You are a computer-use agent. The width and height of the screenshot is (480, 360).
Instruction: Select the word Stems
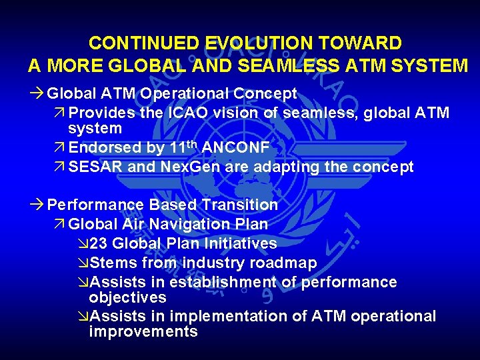(111, 263)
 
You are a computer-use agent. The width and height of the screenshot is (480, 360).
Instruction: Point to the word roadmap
(284, 263)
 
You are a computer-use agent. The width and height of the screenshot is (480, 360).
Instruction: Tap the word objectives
(127, 297)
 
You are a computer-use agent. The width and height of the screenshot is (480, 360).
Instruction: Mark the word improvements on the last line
(143, 332)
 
